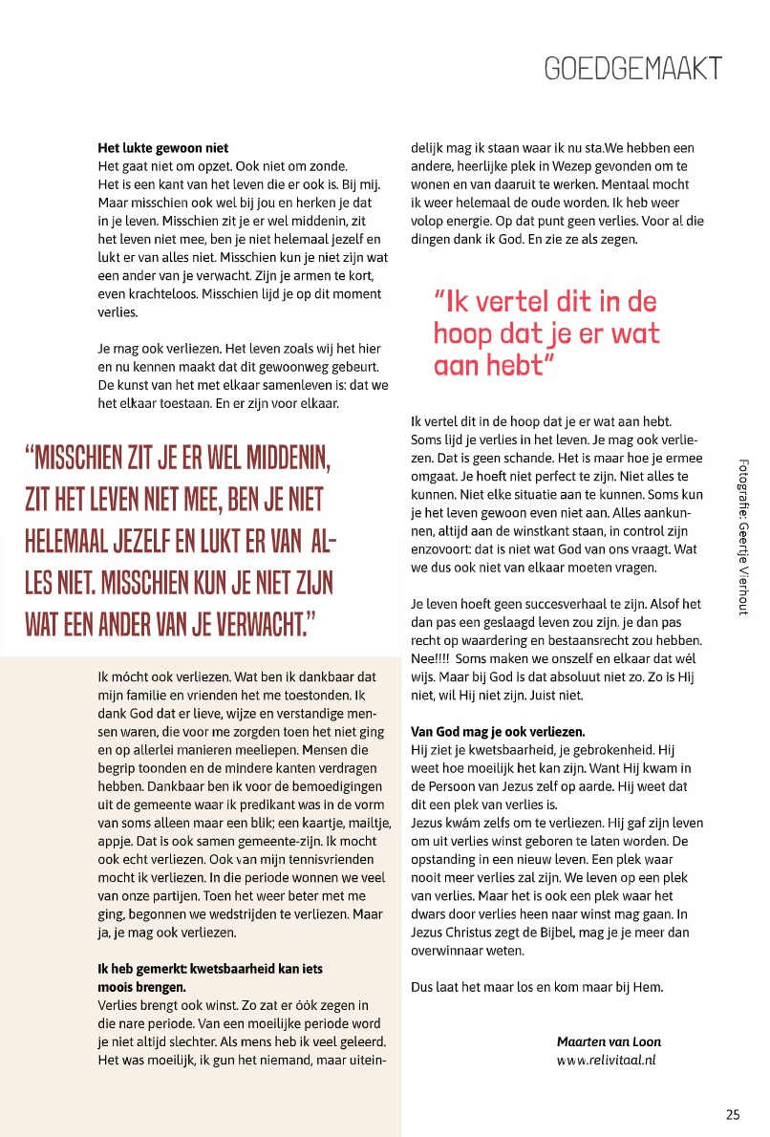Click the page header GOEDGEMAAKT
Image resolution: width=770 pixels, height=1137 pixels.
click(x=631, y=68)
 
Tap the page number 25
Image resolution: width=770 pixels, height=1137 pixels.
click(x=733, y=1113)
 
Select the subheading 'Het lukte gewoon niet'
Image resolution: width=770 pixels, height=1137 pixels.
click(x=162, y=148)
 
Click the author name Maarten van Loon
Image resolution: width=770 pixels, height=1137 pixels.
click(x=609, y=1041)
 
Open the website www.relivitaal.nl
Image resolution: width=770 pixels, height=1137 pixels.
click(x=607, y=1059)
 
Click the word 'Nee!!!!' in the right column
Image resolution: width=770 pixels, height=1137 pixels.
click(x=431, y=657)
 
